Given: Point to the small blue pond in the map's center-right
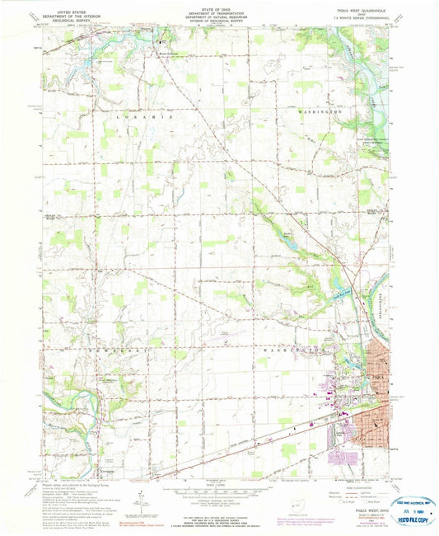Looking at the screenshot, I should tap(286, 238).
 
